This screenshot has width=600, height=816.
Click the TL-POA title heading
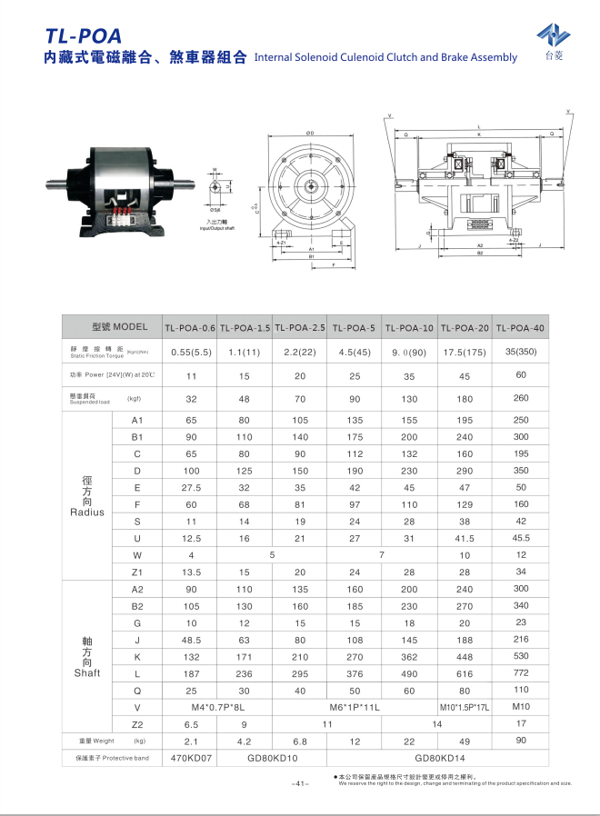tap(83, 35)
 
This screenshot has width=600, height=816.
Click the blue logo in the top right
tap(553, 37)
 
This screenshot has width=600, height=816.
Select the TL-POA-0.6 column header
tap(190, 327)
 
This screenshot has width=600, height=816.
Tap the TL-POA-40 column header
tap(521, 327)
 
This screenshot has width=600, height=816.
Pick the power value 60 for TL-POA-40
tap(521, 374)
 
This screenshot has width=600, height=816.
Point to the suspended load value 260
tap(521, 398)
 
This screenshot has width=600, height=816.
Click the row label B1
tap(137, 437)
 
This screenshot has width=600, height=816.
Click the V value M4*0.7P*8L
tap(218, 706)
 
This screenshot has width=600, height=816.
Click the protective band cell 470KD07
tap(191, 757)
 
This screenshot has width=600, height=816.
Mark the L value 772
tap(521, 673)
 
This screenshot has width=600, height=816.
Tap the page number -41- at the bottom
tap(301, 783)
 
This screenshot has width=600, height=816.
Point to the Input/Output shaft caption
tap(219, 226)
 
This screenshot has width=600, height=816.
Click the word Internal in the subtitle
tap(275, 57)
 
